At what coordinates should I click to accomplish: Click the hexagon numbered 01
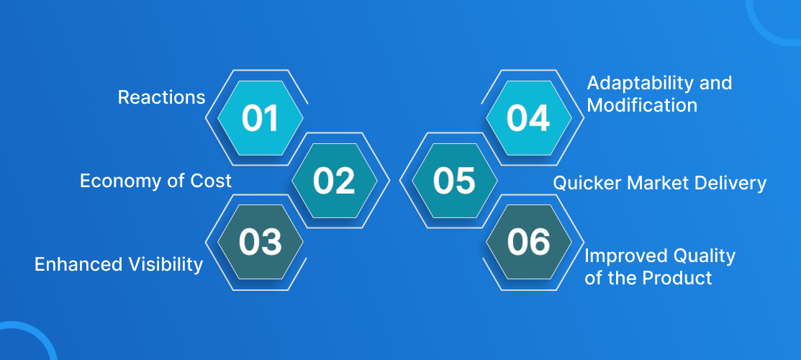click(x=261, y=117)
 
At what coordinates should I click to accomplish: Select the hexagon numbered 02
click(x=335, y=181)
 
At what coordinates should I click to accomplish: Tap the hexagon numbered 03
click(x=261, y=242)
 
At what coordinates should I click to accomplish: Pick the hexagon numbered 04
click(x=529, y=117)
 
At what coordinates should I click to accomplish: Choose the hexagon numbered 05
click(x=455, y=181)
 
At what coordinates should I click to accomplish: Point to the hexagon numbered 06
click(x=529, y=242)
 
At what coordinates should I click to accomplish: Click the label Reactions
click(x=161, y=97)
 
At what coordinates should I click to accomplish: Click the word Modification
click(x=642, y=105)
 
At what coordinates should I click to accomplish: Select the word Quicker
click(x=585, y=183)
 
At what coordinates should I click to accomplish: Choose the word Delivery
click(x=726, y=184)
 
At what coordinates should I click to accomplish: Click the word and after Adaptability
click(x=714, y=82)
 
